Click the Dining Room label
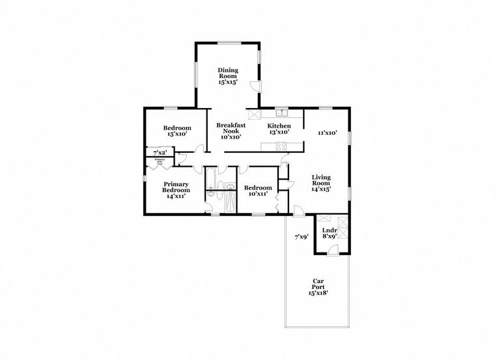point(228,76)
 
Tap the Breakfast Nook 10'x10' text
point(230,130)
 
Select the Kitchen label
point(279,129)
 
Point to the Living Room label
point(322,183)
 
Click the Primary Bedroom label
point(177,189)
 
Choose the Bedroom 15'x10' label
point(177,131)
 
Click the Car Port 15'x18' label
point(318,287)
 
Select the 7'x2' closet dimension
point(160,152)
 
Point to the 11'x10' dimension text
point(327,133)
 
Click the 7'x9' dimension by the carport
point(301,238)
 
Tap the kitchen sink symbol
point(281,113)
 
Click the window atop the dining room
point(229,43)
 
